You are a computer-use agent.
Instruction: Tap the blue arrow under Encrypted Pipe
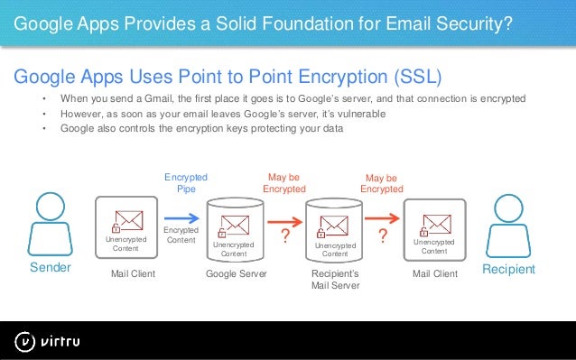click(x=183, y=217)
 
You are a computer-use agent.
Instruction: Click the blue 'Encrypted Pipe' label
click(x=186, y=182)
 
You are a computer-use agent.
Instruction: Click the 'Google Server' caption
click(x=237, y=272)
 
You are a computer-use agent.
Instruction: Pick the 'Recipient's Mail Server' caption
click(x=335, y=279)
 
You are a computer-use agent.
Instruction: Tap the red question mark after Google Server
click(x=285, y=236)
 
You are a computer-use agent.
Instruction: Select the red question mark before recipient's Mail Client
click(x=383, y=236)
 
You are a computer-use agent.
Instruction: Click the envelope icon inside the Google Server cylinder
click(x=236, y=225)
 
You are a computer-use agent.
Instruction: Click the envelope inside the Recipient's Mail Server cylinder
click(x=335, y=225)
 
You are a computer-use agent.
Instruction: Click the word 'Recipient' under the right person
click(x=508, y=270)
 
